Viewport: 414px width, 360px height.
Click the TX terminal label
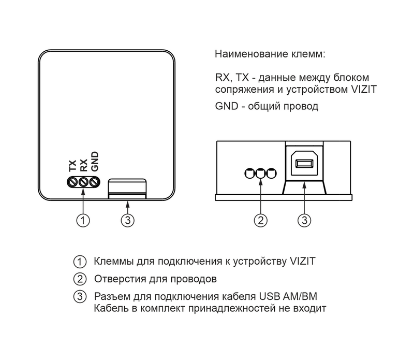coord(72,165)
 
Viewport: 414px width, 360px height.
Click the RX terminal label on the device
coord(83,165)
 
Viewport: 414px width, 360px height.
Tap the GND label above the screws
coord(94,161)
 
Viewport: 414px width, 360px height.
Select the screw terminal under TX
coord(72,182)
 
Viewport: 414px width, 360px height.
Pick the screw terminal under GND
coord(95,182)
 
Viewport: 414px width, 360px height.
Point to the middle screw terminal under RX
coord(83,182)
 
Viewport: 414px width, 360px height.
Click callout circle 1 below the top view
coord(83,220)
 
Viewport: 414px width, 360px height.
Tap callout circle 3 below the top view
coord(128,220)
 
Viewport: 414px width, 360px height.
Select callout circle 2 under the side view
coord(261,220)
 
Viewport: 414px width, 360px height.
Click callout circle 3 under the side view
coord(304,220)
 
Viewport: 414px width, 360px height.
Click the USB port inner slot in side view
coord(304,163)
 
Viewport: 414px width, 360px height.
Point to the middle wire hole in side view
coord(261,174)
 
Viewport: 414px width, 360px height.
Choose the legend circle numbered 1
coord(80,262)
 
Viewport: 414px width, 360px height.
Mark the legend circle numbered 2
coord(80,279)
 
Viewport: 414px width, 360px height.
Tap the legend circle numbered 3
coord(80,297)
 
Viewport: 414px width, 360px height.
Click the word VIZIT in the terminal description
coord(364,89)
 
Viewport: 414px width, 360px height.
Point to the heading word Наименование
coord(252,54)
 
